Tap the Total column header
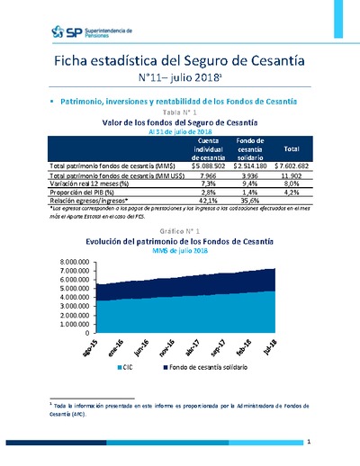pyautogui.click(x=291, y=148)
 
